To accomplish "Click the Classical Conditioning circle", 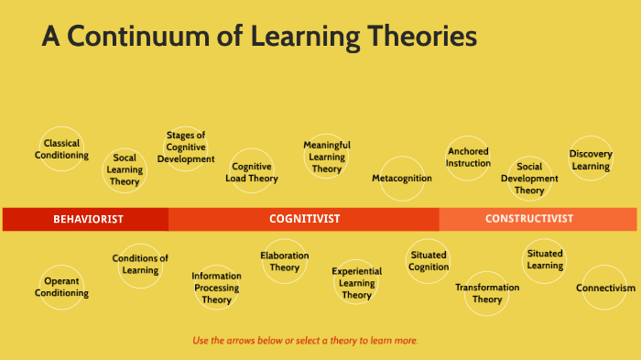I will pyautogui.click(x=62, y=148).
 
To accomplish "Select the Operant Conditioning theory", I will pyautogui.click(x=62, y=287).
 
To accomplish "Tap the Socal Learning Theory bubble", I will pyautogui.click(x=125, y=169).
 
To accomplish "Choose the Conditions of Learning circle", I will pyautogui.click(x=140, y=265).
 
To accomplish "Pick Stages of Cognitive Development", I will pyautogui.click(x=186, y=147).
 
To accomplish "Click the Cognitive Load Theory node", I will pyautogui.click(x=252, y=171).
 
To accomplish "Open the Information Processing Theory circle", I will pyautogui.click(x=217, y=287).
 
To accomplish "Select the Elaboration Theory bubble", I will pyautogui.click(x=285, y=261).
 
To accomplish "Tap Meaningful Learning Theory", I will pyautogui.click(x=327, y=157).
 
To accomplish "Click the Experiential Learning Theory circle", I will pyautogui.click(x=357, y=283).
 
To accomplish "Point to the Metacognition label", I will pyautogui.click(x=402, y=178).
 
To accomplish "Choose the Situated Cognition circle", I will pyautogui.click(x=429, y=261).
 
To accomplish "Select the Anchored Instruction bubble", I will pyautogui.click(x=468, y=158).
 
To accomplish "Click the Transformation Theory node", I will pyautogui.click(x=487, y=293).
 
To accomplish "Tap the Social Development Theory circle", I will pyautogui.click(x=529, y=179).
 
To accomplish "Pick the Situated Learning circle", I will pyautogui.click(x=545, y=259).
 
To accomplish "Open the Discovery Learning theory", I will pyautogui.click(x=591, y=159).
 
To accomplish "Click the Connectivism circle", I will pyautogui.click(x=605, y=288).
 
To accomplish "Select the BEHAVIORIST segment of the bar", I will pyautogui.click(x=87, y=219).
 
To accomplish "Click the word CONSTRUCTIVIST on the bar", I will pyautogui.click(x=529, y=219).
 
